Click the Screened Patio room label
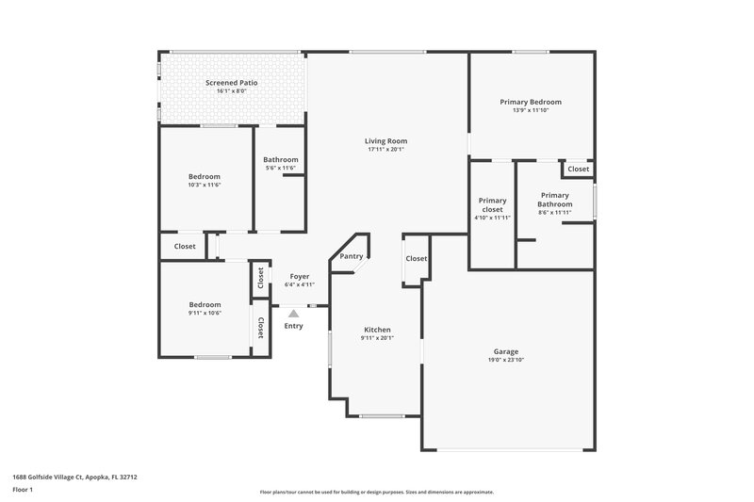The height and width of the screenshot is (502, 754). point(231,83)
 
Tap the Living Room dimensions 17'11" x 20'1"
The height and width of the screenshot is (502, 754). point(385,149)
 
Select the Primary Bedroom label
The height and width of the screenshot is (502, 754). point(531,102)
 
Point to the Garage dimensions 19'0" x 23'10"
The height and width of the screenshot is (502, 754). point(506,360)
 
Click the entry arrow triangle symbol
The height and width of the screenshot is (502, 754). point(293,313)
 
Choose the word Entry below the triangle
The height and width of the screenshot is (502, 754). point(293,326)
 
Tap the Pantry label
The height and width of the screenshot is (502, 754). point(352,256)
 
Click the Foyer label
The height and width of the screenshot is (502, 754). point(300,276)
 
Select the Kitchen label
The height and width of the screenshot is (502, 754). point(377,330)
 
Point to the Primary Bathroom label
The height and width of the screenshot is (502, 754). point(555,200)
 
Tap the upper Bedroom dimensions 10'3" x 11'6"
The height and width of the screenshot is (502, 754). point(204,185)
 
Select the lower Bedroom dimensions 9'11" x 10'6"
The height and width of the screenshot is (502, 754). point(205,313)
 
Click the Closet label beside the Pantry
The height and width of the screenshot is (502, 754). point(417,258)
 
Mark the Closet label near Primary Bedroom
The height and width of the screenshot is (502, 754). point(578,170)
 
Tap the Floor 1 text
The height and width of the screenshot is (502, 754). point(23,490)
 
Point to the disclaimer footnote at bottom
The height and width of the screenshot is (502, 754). point(376,492)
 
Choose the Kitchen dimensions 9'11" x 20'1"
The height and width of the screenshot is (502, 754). point(377,338)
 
